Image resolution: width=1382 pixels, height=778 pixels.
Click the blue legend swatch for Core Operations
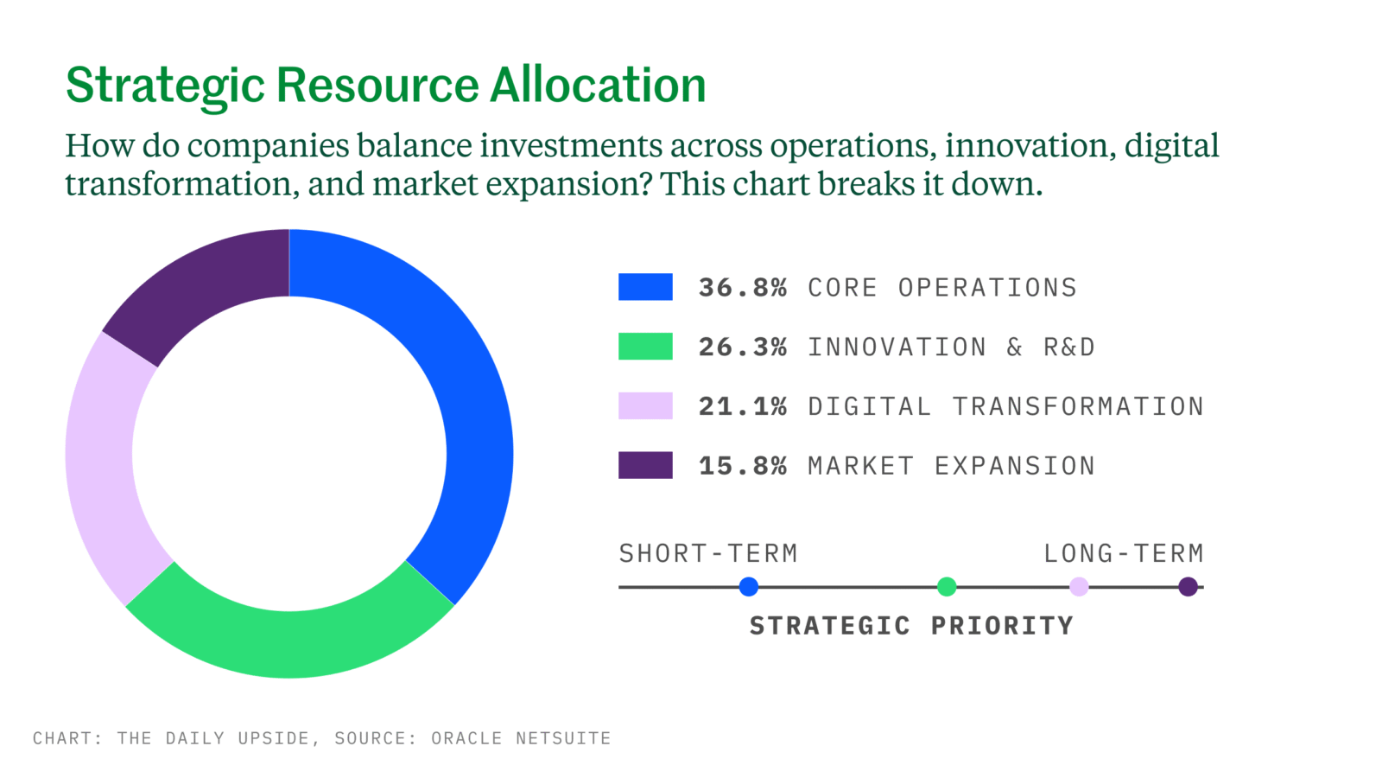tap(645, 287)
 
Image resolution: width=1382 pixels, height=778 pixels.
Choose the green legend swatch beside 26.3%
tap(645, 347)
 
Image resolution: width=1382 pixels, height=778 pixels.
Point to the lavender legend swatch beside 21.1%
tap(645, 405)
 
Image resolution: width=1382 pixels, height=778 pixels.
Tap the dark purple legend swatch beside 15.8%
tap(645, 465)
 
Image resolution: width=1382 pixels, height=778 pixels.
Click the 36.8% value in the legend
tap(743, 288)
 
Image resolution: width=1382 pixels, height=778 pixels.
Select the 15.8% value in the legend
tap(743, 466)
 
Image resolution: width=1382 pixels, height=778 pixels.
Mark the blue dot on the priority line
tap(748, 587)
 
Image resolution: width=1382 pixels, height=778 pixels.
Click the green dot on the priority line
tap(947, 587)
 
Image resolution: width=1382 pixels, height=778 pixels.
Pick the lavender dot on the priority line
tap(1079, 587)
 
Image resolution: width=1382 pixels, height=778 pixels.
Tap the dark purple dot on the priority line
tap(1189, 587)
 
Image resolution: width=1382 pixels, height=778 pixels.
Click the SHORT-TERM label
tap(708, 553)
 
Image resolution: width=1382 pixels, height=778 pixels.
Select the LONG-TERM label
tap(1124, 553)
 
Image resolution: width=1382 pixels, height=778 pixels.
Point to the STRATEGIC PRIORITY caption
tap(911, 626)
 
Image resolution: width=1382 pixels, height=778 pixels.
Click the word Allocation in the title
tap(598, 85)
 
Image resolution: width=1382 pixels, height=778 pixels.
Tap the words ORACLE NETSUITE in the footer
tap(521, 738)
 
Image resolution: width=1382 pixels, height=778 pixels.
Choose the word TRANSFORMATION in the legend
tap(1078, 406)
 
